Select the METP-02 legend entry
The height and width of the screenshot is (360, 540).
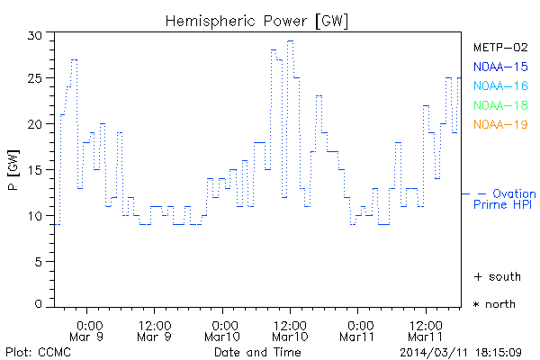click(x=500, y=47)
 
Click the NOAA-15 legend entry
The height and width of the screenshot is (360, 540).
click(x=500, y=67)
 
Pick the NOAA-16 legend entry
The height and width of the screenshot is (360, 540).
click(x=500, y=85)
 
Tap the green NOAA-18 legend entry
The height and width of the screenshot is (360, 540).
click(x=500, y=105)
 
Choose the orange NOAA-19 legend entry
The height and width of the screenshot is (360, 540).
click(x=500, y=124)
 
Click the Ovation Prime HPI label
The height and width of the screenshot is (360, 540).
click(x=504, y=199)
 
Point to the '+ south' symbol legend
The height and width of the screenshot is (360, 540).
click(x=496, y=276)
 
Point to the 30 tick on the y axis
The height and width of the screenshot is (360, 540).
click(x=35, y=34)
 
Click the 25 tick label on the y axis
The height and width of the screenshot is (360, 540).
click(x=35, y=79)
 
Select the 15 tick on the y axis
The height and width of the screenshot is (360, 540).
click(x=35, y=170)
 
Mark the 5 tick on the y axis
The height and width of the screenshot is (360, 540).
click(x=39, y=261)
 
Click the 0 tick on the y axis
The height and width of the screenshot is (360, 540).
click(x=39, y=305)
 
